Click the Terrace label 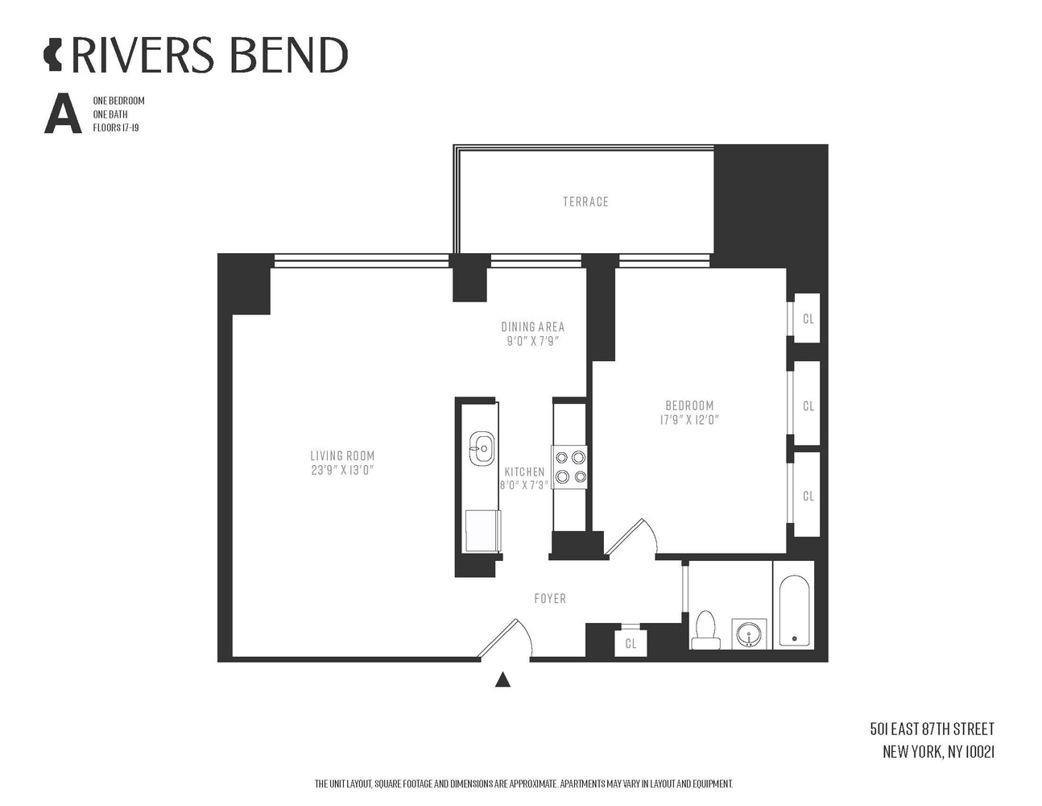tap(585, 201)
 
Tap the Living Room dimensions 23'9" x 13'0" tap(342, 470)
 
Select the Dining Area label tap(533, 326)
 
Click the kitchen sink tap(482, 449)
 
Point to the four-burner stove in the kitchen tap(570, 467)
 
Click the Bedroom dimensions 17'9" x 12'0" tap(689, 420)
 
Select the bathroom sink tap(749, 634)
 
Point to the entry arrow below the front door tap(502, 679)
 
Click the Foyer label tap(550, 598)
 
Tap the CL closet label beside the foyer tap(631, 643)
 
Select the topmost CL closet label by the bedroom tap(808, 318)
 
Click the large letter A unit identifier tap(63, 114)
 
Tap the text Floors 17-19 tap(116, 128)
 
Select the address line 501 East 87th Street tap(932, 729)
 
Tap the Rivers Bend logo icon tap(53, 55)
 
